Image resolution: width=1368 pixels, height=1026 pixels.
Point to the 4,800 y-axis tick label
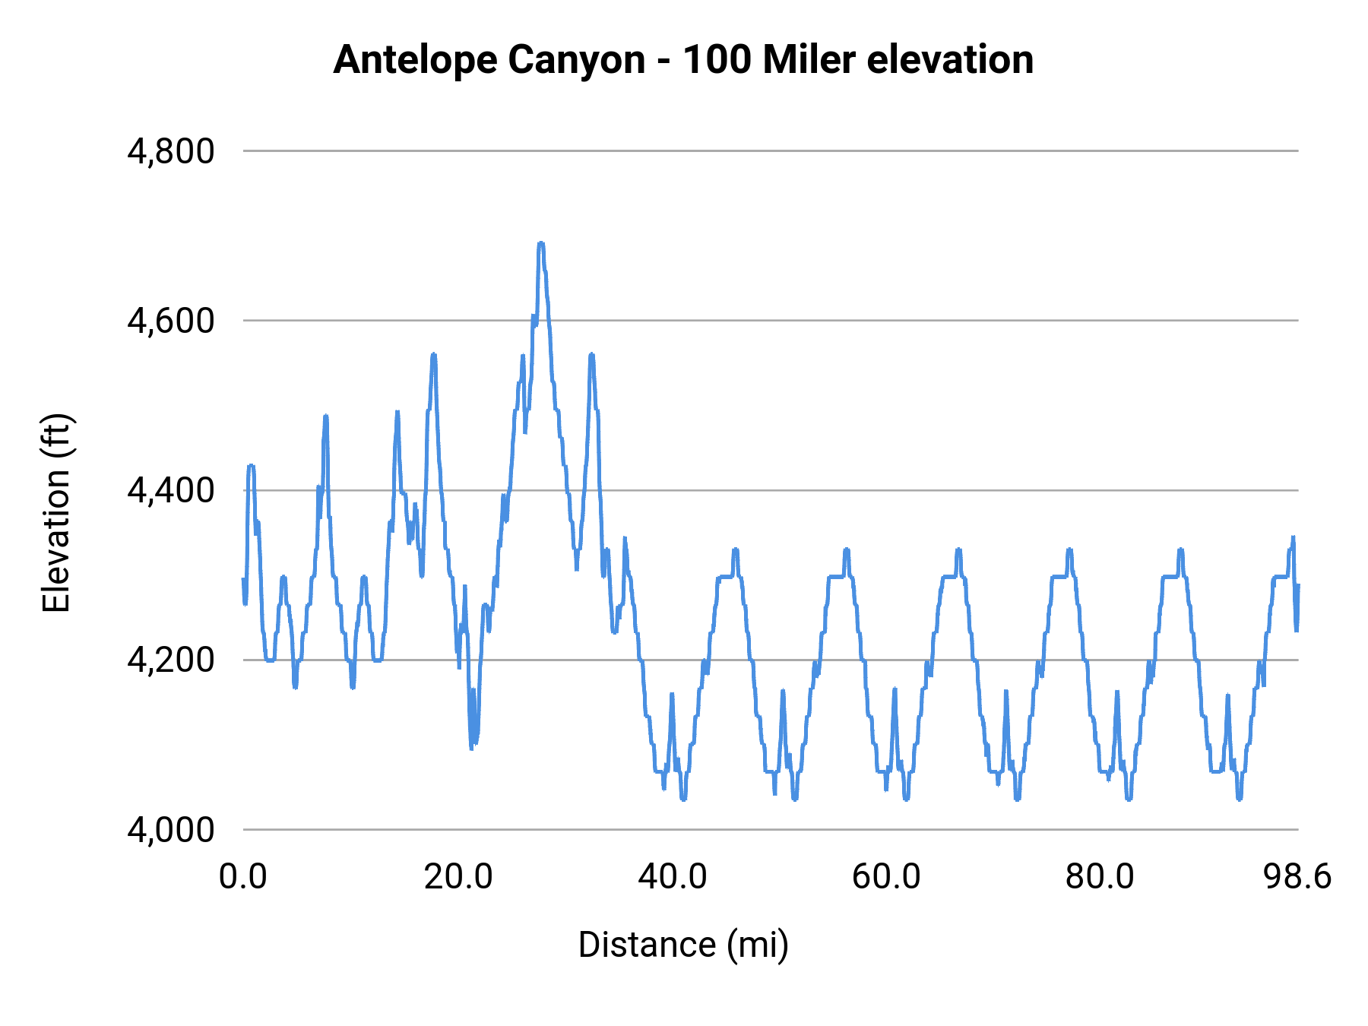coord(171,152)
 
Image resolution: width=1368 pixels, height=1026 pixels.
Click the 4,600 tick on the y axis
coord(171,321)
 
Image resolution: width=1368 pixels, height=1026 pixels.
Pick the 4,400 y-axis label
coord(171,491)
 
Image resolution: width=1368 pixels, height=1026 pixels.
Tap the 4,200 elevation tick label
coord(171,660)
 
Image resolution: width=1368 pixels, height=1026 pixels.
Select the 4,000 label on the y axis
coord(171,830)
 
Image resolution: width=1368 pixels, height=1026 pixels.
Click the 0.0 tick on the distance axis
coord(243,877)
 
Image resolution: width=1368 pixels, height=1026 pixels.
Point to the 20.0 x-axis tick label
coord(458,877)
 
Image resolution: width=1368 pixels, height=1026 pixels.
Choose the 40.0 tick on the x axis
coord(673,877)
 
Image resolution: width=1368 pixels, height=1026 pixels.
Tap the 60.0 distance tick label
coord(886,877)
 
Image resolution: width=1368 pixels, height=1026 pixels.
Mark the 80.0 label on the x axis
coord(1100,877)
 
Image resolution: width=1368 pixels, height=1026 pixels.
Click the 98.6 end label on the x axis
coord(1297,877)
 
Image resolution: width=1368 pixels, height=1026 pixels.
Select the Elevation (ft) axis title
coord(56,513)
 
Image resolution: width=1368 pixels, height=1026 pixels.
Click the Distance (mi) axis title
coord(683,945)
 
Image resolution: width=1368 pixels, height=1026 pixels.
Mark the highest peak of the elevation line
coord(541,243)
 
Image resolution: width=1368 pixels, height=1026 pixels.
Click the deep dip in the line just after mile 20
coord(472,746)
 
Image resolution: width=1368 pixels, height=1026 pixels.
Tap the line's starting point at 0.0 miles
coord(243,580)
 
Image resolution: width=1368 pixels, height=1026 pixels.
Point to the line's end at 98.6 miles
coord(1298,585)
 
